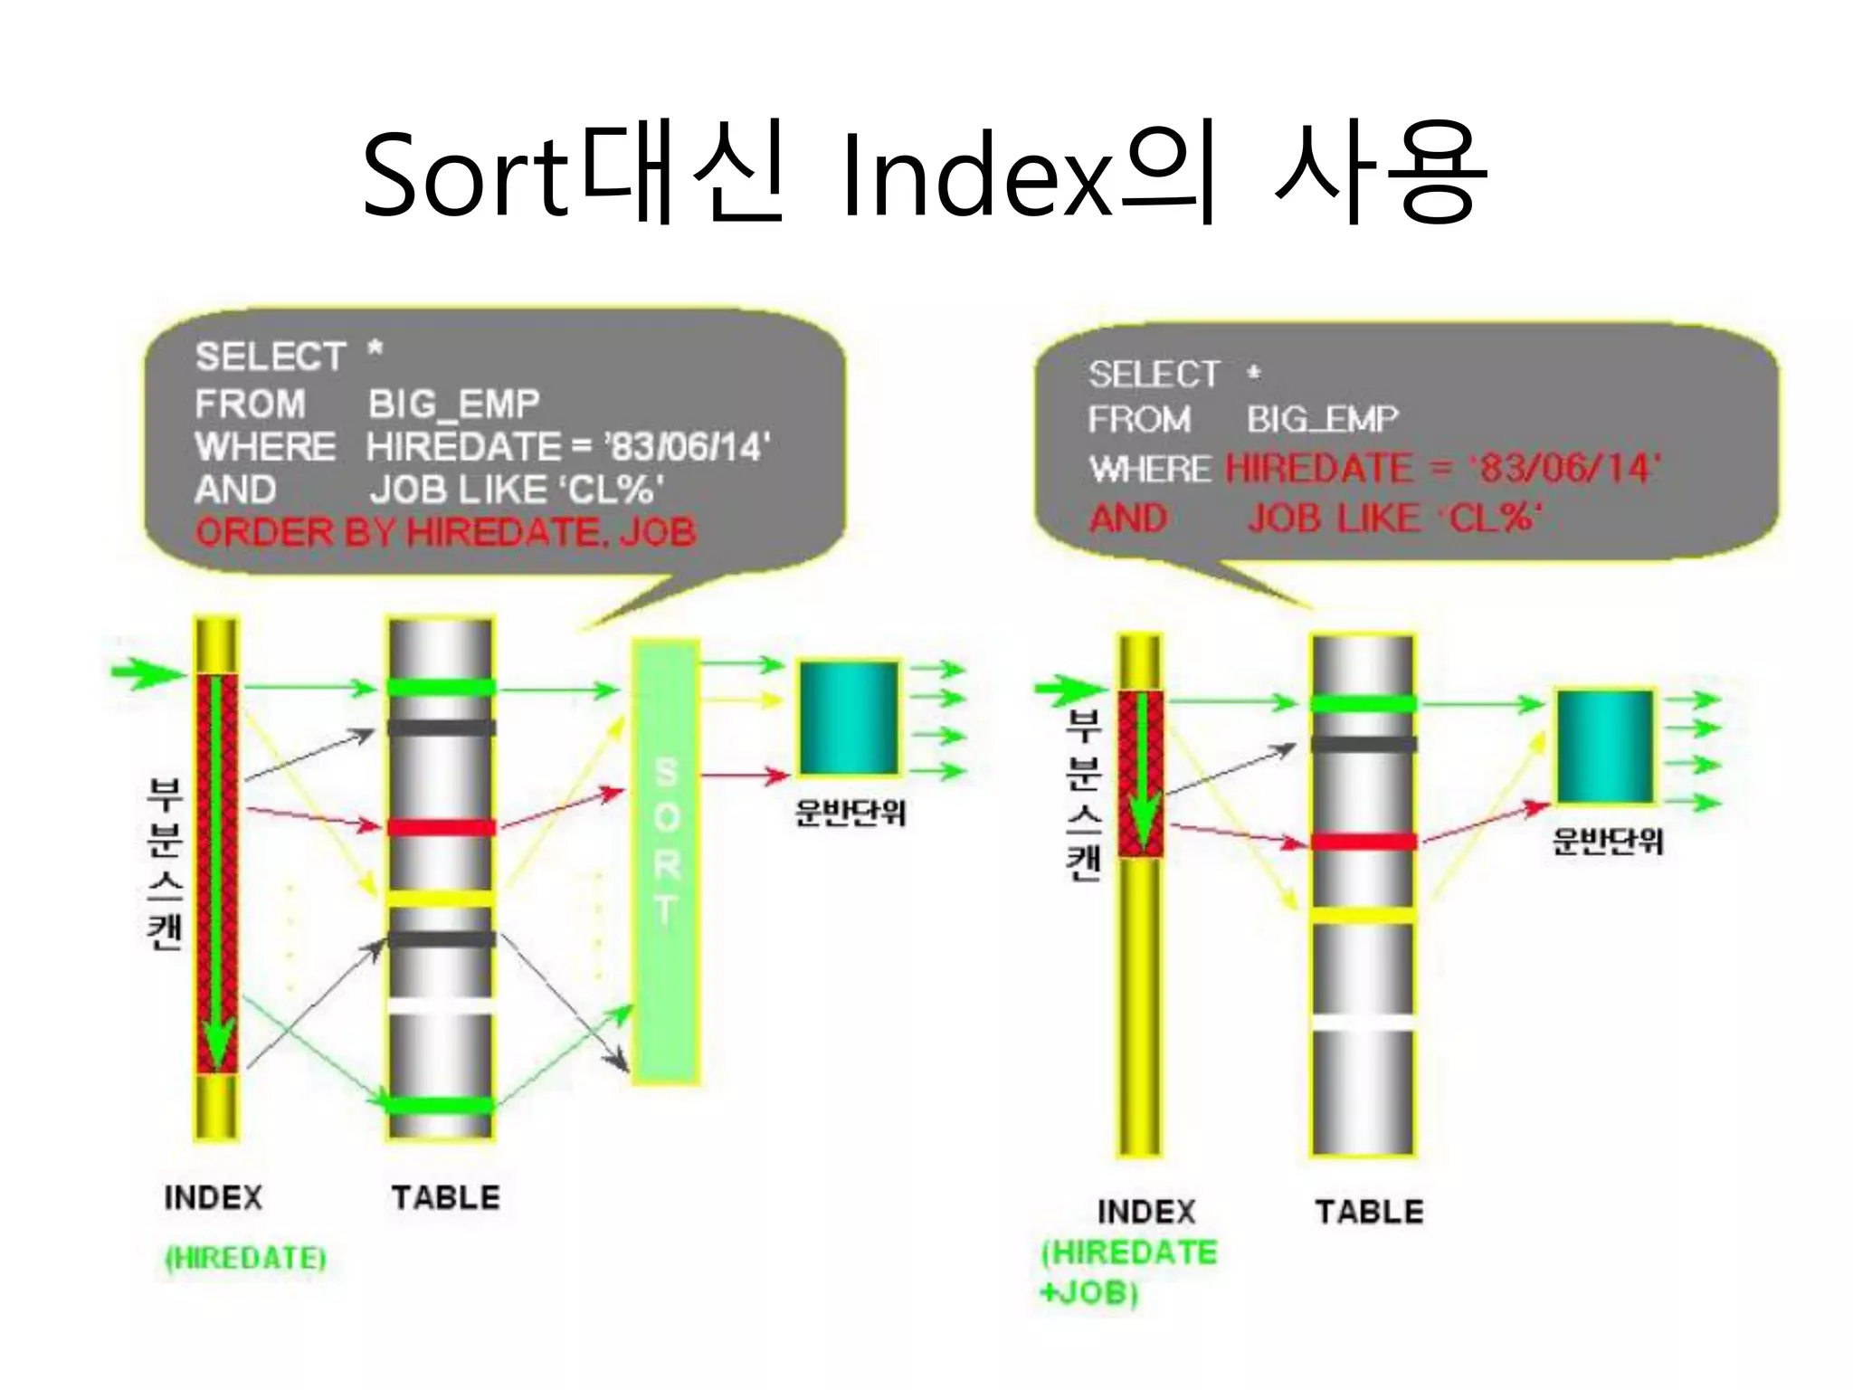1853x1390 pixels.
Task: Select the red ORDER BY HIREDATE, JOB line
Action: tap(445, 532)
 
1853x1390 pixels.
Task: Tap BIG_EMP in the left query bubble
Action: tap(453, 404)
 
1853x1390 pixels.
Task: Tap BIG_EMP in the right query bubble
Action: tap(1322, 419)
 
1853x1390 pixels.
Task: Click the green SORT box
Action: tap(666, 860)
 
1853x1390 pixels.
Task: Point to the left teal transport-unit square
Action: tap(848, 717)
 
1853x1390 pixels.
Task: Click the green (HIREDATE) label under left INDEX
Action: tap(245, 1258)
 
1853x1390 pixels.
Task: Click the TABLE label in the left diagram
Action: tap(445, 1197)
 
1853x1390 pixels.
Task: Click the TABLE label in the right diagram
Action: tap(1369, 1212)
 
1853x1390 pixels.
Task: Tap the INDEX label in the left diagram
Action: tap(214, 1197)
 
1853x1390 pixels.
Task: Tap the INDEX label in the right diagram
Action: tap(1146, 1212)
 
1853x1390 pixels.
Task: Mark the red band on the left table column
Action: tap(442, 827)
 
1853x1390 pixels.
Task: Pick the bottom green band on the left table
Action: tap(442, 1105)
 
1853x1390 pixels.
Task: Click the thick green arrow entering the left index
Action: tap(145, 672)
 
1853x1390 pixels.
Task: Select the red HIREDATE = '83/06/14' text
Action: tap(1442, 469)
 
